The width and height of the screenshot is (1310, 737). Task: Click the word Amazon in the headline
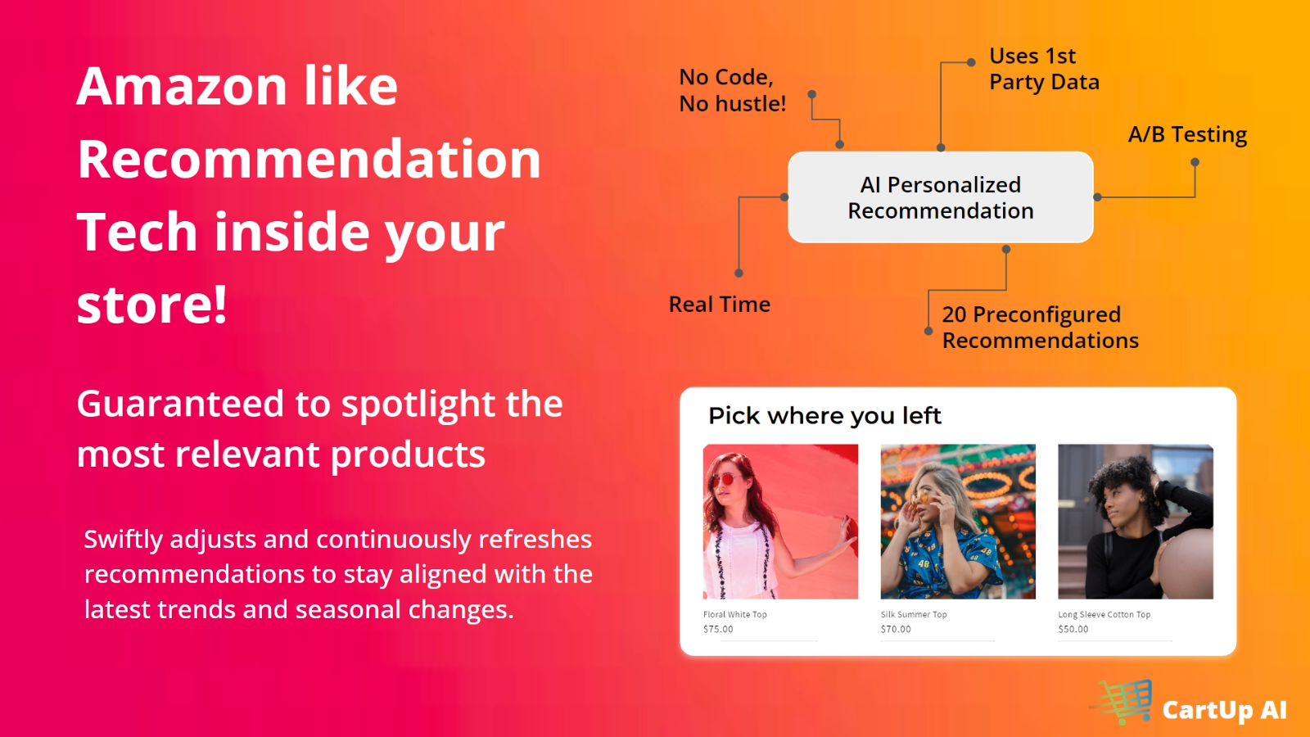[181, 86]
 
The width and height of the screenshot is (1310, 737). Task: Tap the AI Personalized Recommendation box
[941, 197]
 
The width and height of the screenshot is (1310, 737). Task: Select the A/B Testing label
[1187, 134]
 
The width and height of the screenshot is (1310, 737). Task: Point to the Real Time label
[720, 304]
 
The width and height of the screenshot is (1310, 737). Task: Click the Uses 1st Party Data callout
[1044, 69]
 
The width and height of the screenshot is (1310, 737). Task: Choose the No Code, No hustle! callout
[732, 90]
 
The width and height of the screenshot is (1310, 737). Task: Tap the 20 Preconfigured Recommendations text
[1041, 328]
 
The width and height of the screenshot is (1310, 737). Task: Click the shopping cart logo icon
[1122, 701]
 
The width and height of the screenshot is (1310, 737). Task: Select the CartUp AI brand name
[1225, 710]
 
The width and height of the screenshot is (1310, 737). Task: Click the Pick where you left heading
[824, 416]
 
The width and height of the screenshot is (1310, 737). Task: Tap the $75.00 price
[718, 630]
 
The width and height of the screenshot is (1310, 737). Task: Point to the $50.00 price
[1073, 630]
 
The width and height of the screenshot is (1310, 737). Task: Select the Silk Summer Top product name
[914, 614]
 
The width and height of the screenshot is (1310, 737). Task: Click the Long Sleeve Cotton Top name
[1104, 614]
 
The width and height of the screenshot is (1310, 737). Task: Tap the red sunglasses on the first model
[726, 480]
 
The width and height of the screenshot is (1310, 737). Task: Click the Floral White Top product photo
[781, 522]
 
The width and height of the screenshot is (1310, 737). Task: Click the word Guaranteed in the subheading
[180, 405]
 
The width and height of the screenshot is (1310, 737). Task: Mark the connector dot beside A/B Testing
[1195, 162]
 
